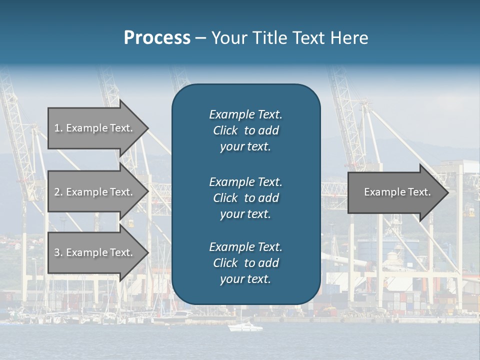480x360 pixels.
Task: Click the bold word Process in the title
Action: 157,38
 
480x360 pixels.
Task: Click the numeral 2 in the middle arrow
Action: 57,192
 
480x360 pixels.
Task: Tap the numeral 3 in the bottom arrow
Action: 57,252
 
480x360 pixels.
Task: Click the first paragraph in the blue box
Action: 245,130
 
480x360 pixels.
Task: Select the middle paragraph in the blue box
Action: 245,198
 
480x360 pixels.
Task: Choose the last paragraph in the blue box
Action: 245,263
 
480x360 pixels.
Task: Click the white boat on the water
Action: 245,327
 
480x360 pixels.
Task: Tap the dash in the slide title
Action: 200,38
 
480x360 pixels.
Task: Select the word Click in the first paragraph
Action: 225,131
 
